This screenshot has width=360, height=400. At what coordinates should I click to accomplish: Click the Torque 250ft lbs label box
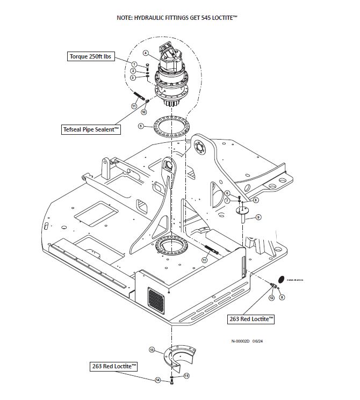coord(91,56)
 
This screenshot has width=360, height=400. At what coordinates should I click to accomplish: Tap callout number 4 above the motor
coord(145,53)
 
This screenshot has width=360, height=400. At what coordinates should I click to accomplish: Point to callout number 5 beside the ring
coord(141,127)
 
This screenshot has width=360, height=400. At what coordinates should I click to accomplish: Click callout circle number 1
coord(134,64)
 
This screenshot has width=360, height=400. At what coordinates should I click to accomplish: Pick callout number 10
coord(143,112)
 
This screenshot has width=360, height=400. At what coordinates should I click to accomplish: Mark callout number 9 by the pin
coord(258,217)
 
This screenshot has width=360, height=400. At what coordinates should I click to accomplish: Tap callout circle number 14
coord(158,380)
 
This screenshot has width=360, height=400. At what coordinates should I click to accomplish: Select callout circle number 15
coord(186,376)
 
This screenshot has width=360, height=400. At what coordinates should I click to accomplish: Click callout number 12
coord(272,297)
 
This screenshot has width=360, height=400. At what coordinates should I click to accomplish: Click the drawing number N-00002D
coord(243,340)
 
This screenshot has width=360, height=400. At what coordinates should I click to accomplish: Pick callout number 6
coord(227,193)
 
